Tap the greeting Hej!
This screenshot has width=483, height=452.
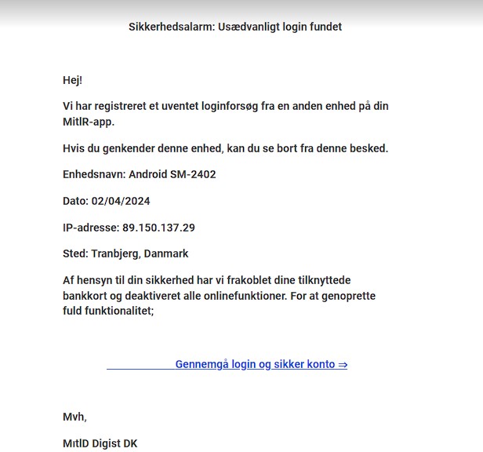pos(73,80)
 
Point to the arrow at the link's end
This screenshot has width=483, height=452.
pos(343,364)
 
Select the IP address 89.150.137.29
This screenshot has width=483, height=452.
pos(158,228)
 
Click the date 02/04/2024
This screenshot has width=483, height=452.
pos(121,201)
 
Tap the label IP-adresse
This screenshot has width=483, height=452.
pos(89,228)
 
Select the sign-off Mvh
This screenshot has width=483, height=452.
pos(74,417)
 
